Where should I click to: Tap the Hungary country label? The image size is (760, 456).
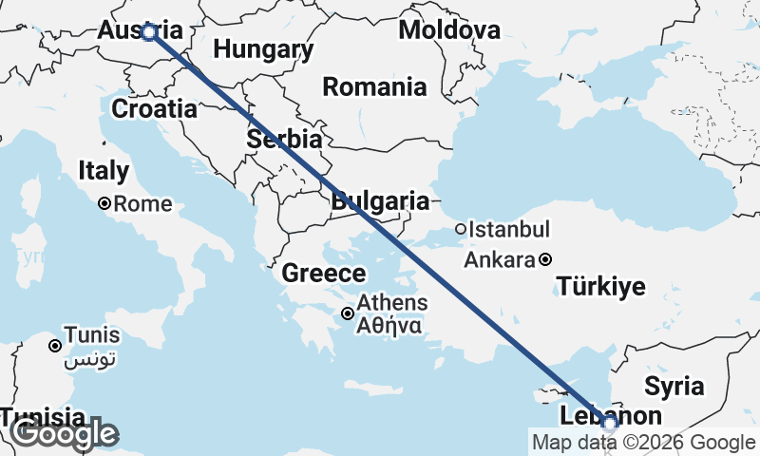[263, 49]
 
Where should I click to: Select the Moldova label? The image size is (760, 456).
[448, 29]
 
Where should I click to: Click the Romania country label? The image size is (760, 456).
[374, 87]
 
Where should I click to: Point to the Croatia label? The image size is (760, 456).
[154, 108]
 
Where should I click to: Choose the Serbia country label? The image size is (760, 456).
[283, 139]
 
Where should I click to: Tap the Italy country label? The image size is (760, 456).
[103, 171]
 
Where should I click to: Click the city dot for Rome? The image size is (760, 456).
[105, 203]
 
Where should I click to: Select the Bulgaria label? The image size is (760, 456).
[380, 201]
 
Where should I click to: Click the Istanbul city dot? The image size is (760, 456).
[461, 229]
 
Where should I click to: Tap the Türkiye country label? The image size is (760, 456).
[601, 286]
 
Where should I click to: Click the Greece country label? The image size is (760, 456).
[323, 274]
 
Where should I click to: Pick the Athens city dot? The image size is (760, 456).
[349, 313]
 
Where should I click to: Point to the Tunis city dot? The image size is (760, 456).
[56, 346]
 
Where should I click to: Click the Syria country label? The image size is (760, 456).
[674, 386]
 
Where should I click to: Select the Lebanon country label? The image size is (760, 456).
[610, 416]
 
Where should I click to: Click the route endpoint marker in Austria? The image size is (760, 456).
[149, 32]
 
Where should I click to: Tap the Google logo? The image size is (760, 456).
[64, 434]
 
